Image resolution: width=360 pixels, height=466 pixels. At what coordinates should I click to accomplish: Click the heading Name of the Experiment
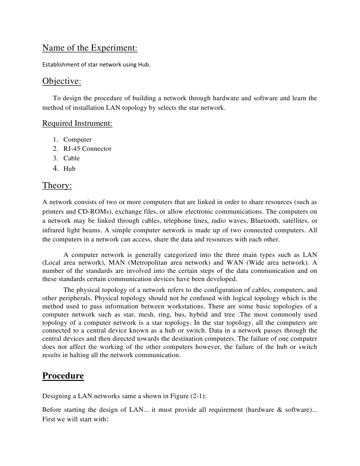coord(90,48)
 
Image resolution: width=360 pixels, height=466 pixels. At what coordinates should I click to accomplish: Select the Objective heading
coord(61,81)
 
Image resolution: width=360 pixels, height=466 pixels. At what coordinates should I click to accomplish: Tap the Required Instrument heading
coord(77,123)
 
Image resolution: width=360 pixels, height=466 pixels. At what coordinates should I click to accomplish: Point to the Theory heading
coord(57,185)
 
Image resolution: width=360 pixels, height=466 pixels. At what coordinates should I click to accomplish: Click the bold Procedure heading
coord(63,376)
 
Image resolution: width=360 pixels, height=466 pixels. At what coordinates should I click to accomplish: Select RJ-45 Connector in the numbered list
coord(87,149)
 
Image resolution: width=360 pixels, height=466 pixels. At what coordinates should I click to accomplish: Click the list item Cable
coord(71,158)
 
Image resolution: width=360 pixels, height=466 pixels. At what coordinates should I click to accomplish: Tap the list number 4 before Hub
coord(56,168)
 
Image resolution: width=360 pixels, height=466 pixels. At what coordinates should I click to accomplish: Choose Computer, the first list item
coord(77,139)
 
